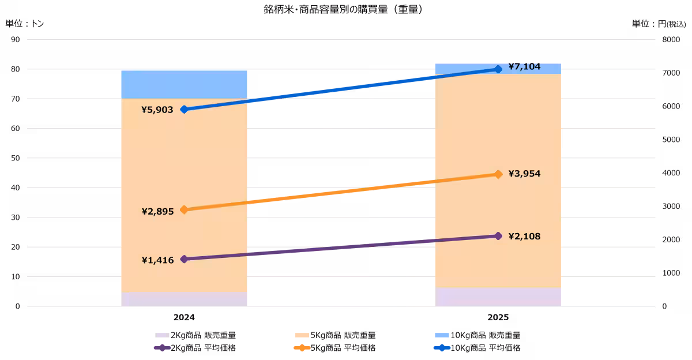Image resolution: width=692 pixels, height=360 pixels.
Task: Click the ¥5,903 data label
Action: (x=157, y=110)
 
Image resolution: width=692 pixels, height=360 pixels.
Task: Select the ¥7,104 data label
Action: (x=524, y=67)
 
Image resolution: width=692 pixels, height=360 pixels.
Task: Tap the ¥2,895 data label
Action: (x=157, y=212)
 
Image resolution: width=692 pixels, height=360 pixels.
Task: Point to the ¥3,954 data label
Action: (x=524, y=174)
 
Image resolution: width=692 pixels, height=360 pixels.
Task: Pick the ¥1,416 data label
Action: (x=157, y=260)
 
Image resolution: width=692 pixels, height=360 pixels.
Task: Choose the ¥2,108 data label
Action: (x=524, y=236)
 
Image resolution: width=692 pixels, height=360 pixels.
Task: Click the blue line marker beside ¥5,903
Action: (x=184, y=109)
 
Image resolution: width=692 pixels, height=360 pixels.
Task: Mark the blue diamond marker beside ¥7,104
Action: (x=498, y=69)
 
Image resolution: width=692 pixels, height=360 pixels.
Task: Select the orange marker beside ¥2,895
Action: (x=184, y=210)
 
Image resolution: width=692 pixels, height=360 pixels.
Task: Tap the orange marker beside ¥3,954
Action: (x=498, y=174)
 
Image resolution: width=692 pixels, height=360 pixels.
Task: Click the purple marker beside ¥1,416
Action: (x=184, y=259)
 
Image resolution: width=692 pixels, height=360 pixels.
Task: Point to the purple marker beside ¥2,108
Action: (x=498, y=236)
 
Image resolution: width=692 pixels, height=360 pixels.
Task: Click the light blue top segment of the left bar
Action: (x=184, y=84)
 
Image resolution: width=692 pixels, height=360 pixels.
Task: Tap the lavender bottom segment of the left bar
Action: (x=184, y=299)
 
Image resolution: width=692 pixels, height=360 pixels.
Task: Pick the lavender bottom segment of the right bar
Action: (x=498, y=297)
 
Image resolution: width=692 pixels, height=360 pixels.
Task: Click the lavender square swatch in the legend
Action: (x=162, y=335)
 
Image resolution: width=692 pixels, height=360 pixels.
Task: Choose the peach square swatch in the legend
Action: (x=302, y=335)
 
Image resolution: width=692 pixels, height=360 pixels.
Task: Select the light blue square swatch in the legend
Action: (x=442, y=335)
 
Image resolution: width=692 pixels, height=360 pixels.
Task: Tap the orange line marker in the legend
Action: (x=302, y=348)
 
